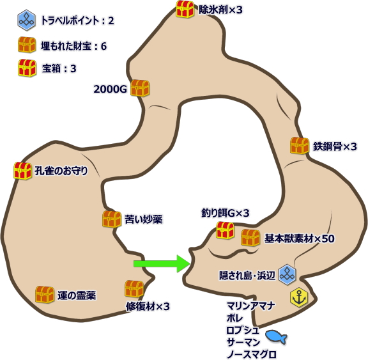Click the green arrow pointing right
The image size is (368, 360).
pyautogui.click(x=162, y=263)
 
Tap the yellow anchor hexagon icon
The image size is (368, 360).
pyautogui.click(x=299, y=297)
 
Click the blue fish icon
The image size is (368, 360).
pyautogui.click(x=276, y=337)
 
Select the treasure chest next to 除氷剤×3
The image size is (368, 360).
pyautogui.click(x=185, y=9)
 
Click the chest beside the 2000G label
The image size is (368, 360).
pyautogui.click(x=140, y=88)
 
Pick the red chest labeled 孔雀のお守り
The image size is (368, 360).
pyautogui.click(x=22, y=171)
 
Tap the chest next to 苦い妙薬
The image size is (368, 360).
pyautogui.click(x=112, y=219)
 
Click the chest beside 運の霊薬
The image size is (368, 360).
pyautogui.click(x=45, y=295)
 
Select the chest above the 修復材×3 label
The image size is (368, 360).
pyautogui.click(x=134, y=289)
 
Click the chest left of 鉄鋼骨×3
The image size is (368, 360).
pyautogui.click(x=300, y=146)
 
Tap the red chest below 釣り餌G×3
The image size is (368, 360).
pyautogui.click(x=225, y=230)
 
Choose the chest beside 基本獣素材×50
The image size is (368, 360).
pyautogui.click(x=250, y=238)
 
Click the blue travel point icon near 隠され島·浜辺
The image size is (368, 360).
pyautogui.click(x=287, y=274)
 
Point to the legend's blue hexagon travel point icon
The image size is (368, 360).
pyautogui.click(x=26, y=20)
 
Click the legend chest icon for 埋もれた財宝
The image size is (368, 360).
pyautogui.click(x=27, y=45)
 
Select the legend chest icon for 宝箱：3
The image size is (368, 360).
pyautogui.click(x=27, y=68)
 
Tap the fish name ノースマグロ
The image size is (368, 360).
pyautogui.click(x=251, y=354)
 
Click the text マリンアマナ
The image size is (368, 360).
pyautogui.click(x=250, y=306)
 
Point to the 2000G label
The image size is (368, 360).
pyautogui.click(x=110, y=89)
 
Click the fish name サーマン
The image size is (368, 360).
pyautogui.click(x=243, y=342)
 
